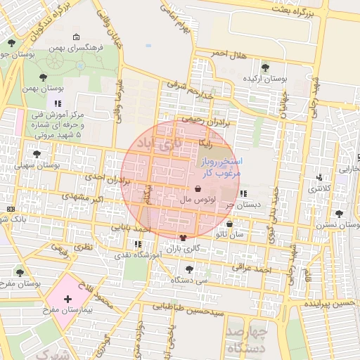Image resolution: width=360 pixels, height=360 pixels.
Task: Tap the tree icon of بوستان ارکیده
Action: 265,67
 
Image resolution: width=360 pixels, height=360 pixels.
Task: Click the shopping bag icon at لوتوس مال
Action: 198,189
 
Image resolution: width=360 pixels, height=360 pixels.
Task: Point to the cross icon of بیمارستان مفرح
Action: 67,300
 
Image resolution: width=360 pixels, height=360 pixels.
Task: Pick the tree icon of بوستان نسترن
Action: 339,213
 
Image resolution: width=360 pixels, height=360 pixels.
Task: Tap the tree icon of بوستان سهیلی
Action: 37,154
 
